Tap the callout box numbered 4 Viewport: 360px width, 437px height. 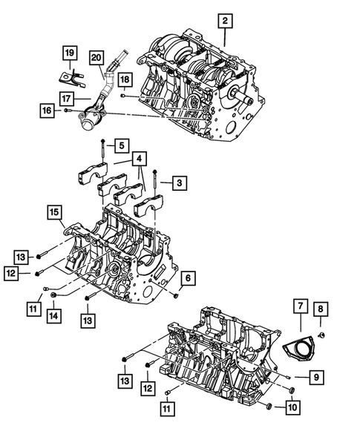[x=140, y=159]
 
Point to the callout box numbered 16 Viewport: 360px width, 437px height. [x=47, y=111]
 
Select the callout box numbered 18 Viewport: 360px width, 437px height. [x=124, y=79]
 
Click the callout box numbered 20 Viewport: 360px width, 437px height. [x=96, y=57]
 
